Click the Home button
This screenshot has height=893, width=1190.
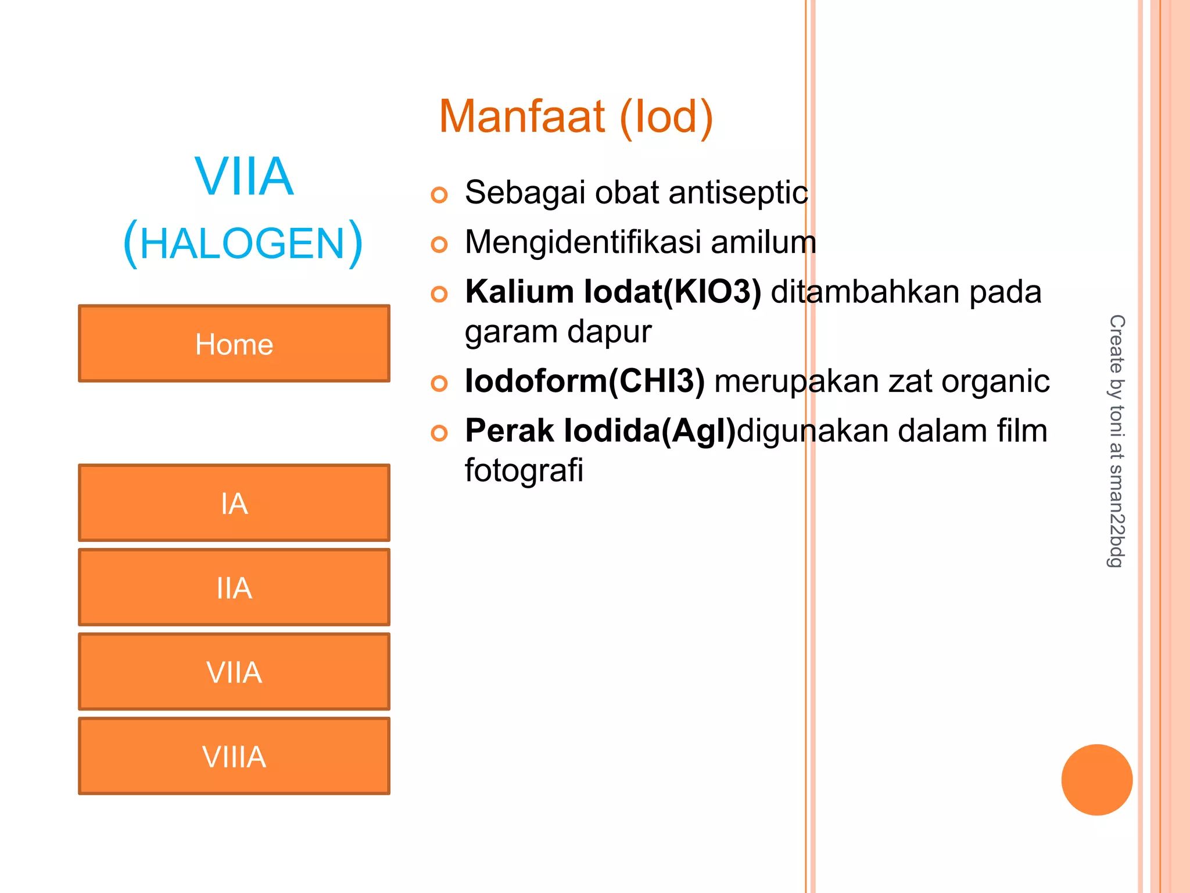[234, 344]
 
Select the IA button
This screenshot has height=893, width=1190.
[234, 503]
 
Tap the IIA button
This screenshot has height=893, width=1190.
[234, 587]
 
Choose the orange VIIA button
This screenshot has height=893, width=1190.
[234, 671]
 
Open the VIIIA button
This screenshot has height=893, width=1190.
[234, 756]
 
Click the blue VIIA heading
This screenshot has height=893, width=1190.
[244, 177]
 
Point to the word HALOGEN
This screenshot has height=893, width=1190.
[243, 244]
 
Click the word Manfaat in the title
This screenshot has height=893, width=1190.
[522, 117]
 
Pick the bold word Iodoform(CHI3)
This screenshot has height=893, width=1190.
[585, 381]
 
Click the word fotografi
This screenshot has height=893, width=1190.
[524, 470]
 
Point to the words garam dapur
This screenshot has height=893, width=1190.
[558, 331]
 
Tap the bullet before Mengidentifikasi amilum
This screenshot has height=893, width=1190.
[439, 244]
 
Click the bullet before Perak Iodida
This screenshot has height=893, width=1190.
[439, 433]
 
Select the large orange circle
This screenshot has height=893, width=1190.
[1096, 780]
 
